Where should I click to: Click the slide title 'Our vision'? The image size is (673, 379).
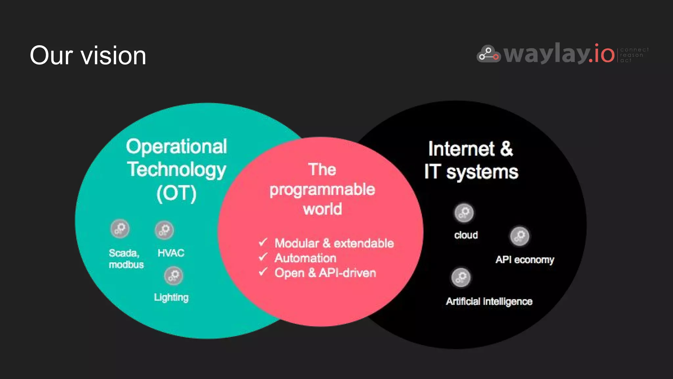click(88, 55)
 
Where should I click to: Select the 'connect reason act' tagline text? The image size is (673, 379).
click(634, 55)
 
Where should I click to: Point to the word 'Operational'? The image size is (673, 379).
click(176, 146)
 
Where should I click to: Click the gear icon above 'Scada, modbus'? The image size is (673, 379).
click(120, 228)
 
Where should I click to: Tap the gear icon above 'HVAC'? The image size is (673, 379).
click(164, 230)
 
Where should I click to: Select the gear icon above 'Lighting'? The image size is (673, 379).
click(174, 276)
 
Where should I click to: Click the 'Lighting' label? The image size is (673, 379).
click(171, 297)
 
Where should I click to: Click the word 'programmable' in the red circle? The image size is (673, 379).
click(322, 190)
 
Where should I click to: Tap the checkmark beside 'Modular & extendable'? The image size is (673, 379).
click(263, 242)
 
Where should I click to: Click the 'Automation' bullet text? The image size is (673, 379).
click(305, 258)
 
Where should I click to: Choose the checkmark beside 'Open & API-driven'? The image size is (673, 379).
click(263, 272)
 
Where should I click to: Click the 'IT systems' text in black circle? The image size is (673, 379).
click(471, 172)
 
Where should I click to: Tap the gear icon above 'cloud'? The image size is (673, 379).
click(464, 213)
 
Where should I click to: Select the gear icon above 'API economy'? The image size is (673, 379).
click(520, 236)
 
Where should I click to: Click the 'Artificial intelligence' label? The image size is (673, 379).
click(489, 301)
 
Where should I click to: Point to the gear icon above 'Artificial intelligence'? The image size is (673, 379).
click(461, 277)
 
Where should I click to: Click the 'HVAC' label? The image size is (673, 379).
click(171, 253)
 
